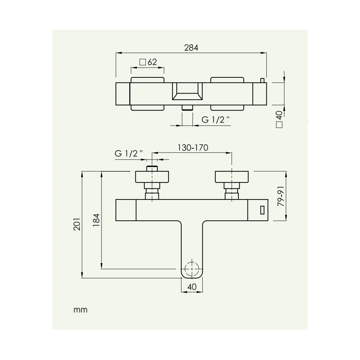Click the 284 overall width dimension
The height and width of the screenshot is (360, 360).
191,48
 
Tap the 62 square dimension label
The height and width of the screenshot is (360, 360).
152,62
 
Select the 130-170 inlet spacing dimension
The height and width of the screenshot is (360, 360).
193,148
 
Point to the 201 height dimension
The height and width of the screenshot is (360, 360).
77,224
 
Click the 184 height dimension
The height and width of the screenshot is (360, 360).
96,220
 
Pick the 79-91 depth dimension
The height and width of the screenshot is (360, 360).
281,196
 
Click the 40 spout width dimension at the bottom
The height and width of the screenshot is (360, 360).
192,287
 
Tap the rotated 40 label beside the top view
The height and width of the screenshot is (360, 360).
279,115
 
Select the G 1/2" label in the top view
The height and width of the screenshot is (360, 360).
215,120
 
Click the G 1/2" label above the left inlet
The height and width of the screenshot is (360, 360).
129,154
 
